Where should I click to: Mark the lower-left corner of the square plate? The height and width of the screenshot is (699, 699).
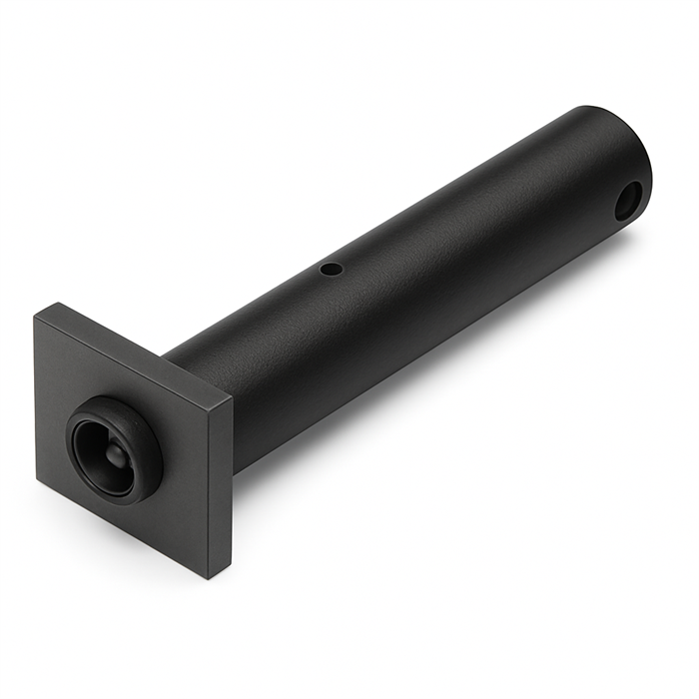(x=38, y=483)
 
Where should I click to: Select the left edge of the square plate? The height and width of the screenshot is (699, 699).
(x=38, y=399)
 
